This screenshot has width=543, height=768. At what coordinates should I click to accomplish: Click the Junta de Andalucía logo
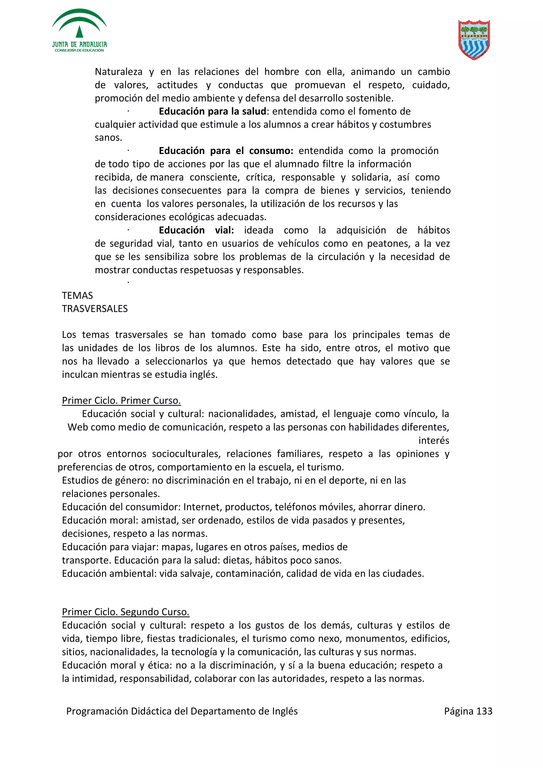[79, 31]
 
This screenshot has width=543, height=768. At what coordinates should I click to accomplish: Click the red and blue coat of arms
[474, 39]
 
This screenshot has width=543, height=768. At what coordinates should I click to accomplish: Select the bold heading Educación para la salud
[212, 111]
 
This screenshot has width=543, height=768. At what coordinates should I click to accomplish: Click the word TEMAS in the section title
[77, 296]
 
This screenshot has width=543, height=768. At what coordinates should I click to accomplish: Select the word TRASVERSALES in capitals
[95, 309]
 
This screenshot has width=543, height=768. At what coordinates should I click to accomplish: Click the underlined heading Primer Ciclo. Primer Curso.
[121, 401]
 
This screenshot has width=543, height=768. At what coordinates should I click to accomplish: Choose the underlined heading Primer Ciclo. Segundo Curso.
[125, 612]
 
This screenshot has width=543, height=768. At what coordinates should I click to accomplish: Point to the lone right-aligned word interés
[433, 440]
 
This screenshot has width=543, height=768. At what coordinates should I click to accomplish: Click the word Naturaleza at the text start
[119, 72]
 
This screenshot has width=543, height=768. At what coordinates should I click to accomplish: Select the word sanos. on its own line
[108, 138]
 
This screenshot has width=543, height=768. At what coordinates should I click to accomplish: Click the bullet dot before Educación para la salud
[128, 111]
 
